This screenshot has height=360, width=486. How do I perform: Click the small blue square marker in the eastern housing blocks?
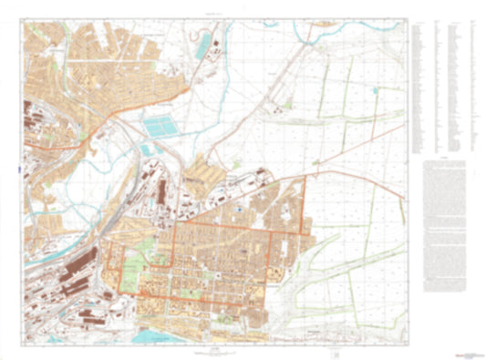[x=237, y=211]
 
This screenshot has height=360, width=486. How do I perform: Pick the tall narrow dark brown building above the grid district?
[x=163, y=191]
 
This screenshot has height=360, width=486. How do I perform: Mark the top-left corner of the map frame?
[x=23, y=20]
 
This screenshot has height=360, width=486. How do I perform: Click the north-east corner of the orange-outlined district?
[x=303, y=180]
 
